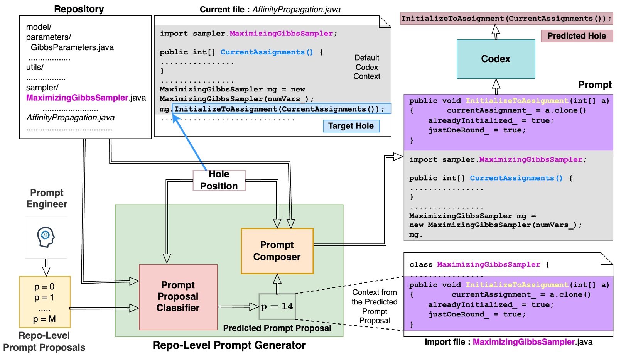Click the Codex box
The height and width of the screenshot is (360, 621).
pyautogui.click(x=496, y=59)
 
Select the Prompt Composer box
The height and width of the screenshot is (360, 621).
pyautogui.click(x=277, y=251)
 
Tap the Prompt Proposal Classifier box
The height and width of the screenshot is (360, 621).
pyautogui.click(x=178, y=297)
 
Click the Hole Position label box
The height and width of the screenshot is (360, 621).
pyautogui.click(x=219, y=181)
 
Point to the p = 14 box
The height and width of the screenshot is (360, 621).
pyautogui.click(x=277, y=306)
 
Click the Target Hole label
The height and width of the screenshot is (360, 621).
pyautogui.click(x=351, y=126)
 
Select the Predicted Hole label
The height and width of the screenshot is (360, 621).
pyautogui.click(x=576, y=36)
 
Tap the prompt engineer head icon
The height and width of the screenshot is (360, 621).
pyautogui.click(x=46, y=237)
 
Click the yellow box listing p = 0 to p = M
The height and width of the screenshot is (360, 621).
pyautogui.click(x=45, y=302)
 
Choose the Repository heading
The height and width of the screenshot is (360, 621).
pyautogui.click(x=79, y=9)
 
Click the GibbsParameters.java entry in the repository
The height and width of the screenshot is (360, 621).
pyautogui.click(x=72, y=47)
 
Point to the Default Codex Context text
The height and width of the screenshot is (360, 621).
pyautogui.click(x=367, y=67)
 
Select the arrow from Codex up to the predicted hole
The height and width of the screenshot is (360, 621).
pyautogui.click(x=496, y=32)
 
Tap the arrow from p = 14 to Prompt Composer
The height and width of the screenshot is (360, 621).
pyautogui.click(x=277, y=284)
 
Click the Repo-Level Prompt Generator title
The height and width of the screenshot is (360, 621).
pyautogui.click(x=229, y=345)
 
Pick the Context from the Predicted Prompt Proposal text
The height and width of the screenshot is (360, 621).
pyautogui.click(x=374, y=306)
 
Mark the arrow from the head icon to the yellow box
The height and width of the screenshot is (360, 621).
pyautogui.click(x=46, y=267)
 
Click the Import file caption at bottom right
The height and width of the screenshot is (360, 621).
pyautogui.click(x=508, y=342)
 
